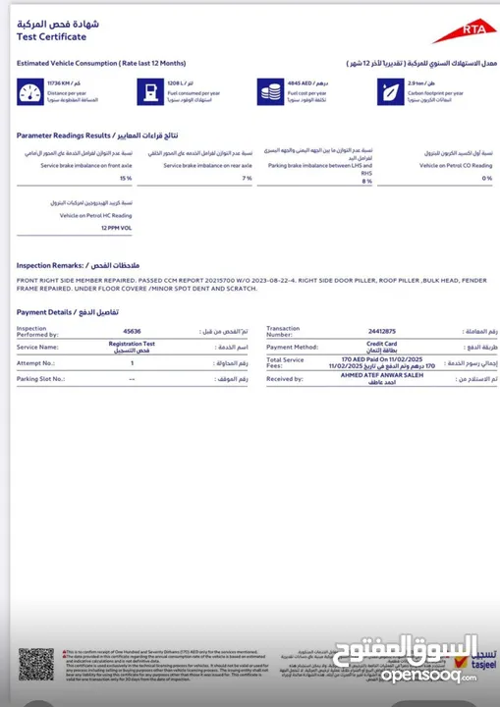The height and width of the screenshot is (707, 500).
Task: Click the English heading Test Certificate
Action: pyautogui.click(x=51, y=37)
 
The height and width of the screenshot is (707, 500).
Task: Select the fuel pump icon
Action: pyautogui.click(x=148, y=92)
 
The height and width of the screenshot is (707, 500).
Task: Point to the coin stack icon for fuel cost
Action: pyautogui.click(x=268, y=92)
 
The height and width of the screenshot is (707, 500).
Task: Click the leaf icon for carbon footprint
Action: pyautogui.click(x=388, y=92)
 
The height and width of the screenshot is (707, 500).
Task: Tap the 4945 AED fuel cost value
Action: pyautogui.click(x=300, y=85)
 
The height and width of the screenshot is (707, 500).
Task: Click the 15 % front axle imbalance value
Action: pyautogui.click(x=126, y=179)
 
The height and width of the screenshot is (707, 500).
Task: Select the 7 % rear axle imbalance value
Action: pyautogui.click(x=247, y=179)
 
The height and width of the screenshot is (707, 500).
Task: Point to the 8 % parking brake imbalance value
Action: pyautogui.click(x=367, y=181)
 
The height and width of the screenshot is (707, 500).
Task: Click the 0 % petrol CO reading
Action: pyautogui.click(x=487, y=179)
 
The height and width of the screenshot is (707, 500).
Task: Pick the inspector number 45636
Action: pyautogui.click(x=131, y=331)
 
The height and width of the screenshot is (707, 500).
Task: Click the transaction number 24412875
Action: pyautogui.click(x=382, y=331)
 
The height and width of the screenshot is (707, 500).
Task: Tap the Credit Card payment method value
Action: pyautogui.click(x=381, y=347)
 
